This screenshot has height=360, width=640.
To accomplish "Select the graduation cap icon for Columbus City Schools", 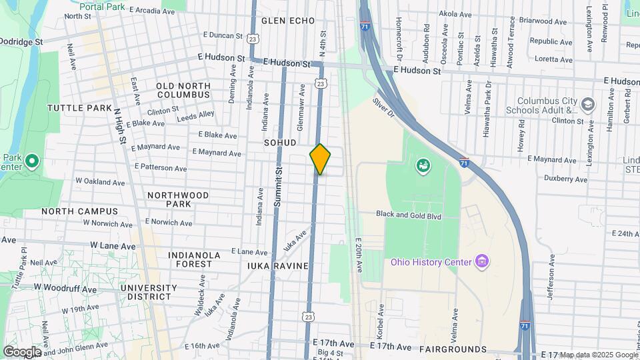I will pyautogui.click(x=587, y=105).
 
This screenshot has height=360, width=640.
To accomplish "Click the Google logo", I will pyautogui.click(x=21, y=351).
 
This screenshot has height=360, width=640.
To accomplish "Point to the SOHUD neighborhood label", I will pyautogui.click(x=280, y=143).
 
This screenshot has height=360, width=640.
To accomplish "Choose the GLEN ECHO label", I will pyautogui.click(x=288, y=21).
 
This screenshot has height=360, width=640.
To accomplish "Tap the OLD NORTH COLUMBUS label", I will pyautogui.click(x=183, y=90).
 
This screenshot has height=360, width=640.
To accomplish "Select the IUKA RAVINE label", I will pyautogui.click(x=278, y=266).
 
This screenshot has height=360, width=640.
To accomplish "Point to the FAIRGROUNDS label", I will pyautogui.click(x=453, y=349).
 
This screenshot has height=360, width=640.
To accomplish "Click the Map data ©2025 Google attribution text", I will pyautogui.click(x=599, y=355).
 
